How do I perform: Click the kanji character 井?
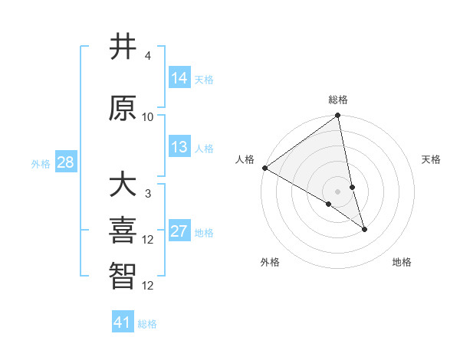(123, 47)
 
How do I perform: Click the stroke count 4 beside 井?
(147, 56)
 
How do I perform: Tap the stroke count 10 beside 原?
(148, 116)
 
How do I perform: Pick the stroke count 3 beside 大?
(147, 193)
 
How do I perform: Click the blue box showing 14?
(179, 78)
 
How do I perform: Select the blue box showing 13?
(179, 147)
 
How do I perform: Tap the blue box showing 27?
(179, 231)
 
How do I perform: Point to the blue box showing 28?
(65, 162)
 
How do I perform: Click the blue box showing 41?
(123, 322)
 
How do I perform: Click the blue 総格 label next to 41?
(148, 324)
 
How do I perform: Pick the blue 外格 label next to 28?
(41, 163)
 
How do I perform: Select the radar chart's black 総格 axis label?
(338, 100)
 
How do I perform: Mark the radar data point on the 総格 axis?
(338, 116)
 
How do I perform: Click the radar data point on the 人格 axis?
(264, 168)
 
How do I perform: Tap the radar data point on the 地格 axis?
(364, 228)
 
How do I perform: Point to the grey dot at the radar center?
(338, 191)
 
